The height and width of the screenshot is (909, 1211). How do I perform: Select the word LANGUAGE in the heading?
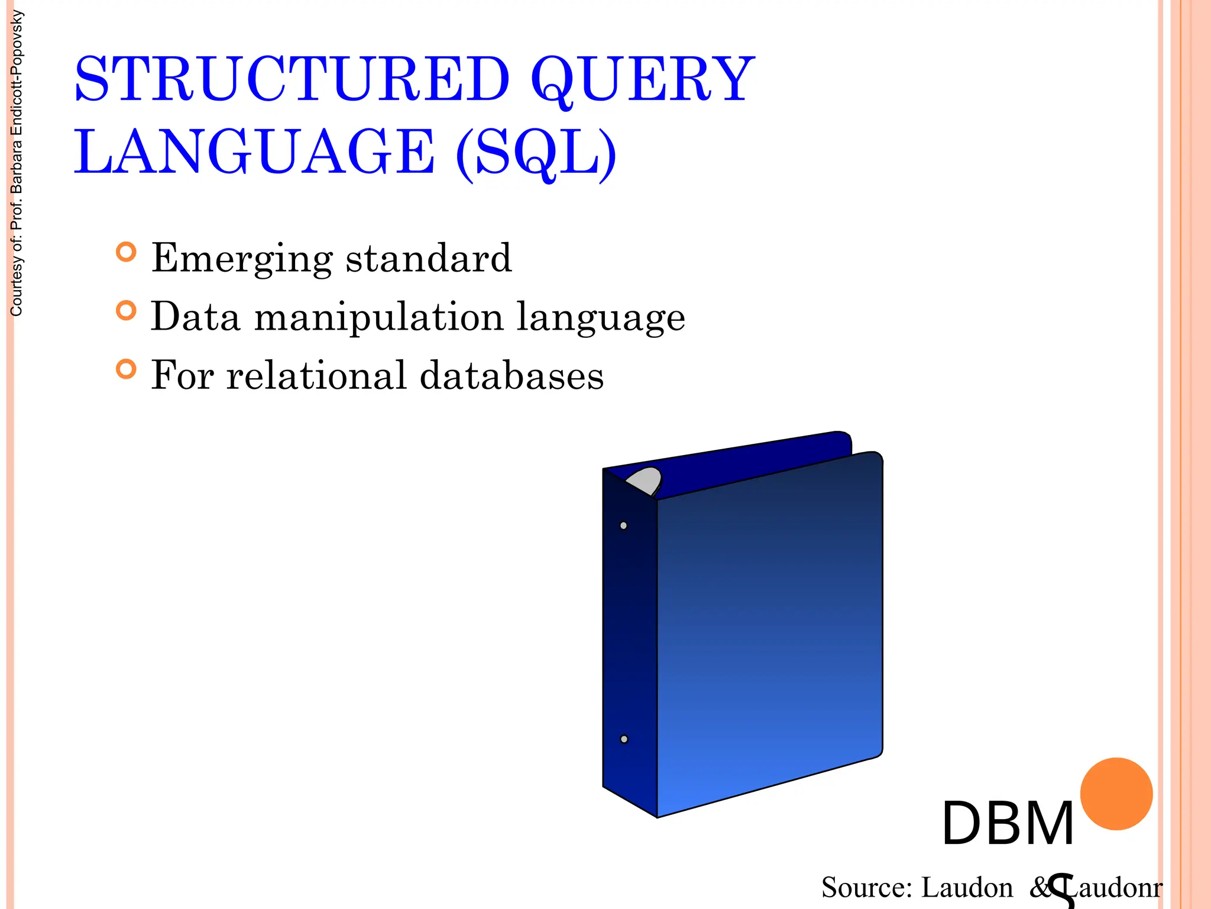[x=254, y=152]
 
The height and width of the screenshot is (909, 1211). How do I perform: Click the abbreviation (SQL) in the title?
[x=536, y=152]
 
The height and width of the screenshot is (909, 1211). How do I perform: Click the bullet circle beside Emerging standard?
[x=126, y=252]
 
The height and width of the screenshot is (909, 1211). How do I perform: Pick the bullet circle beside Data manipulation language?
[x=126, y=311]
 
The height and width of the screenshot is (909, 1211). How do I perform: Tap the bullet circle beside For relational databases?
[x=126, y=369]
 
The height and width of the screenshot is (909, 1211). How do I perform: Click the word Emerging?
[x=242, y=259]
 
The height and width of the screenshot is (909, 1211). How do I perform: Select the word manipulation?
[x=378, y=317]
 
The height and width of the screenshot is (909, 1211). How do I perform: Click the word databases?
[x=511, y=375]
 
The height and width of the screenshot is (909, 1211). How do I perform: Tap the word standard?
[x=429, y=258]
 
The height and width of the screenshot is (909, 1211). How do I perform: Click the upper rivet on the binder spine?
[x=623, y=526]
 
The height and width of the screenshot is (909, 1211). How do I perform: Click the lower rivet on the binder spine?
[x=624, y=739]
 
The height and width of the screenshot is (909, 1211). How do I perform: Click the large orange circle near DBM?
[x=1116, y=794]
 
